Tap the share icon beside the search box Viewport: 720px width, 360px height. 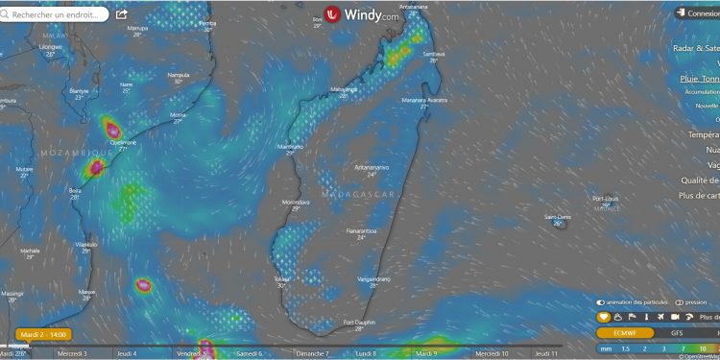tap(122, 14)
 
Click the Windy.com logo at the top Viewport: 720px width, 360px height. tap(361, 15)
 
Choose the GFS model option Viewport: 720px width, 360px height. tap(677, 332)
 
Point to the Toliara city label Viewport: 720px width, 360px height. tap(282, 280)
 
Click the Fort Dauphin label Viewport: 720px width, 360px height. tap(358, 324)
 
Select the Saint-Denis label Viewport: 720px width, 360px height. tap(558, 217)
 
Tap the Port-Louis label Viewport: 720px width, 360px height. tap(606, 199)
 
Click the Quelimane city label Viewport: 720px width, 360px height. tap(123, 143)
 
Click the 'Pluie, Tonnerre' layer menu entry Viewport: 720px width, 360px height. tap(698, 79)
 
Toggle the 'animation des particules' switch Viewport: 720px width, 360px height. tap(601, 301)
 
